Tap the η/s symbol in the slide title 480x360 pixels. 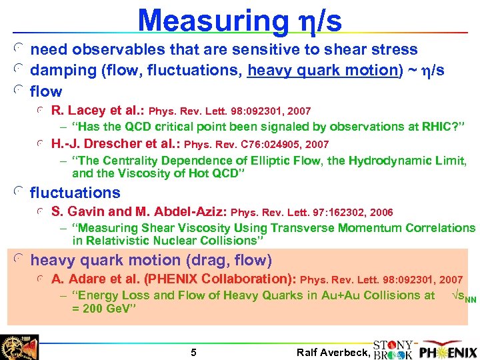coord(317,21)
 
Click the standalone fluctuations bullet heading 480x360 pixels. coord(75,193)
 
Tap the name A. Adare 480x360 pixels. coord(77,279)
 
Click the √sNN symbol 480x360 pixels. coord(463,296)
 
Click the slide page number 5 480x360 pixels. coord(193,352)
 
